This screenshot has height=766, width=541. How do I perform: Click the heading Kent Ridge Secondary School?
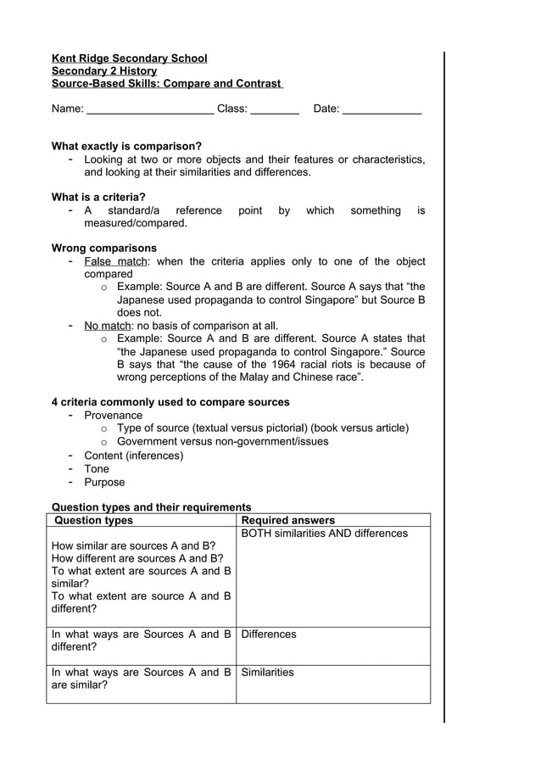129,59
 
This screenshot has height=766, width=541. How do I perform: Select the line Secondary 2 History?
104,71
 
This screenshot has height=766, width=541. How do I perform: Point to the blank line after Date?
382,109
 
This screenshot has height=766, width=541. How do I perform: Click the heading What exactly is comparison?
126,146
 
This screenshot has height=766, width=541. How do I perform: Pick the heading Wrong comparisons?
104,249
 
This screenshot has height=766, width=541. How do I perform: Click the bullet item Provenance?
113,416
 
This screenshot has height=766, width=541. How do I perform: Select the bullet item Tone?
97,469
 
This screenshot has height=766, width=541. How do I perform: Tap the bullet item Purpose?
103,483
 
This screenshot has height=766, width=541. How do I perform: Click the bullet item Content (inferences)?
133,456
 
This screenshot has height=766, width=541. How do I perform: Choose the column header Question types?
93,520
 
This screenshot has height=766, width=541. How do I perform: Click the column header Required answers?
288,520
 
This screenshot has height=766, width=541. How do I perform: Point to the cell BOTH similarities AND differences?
325,534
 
